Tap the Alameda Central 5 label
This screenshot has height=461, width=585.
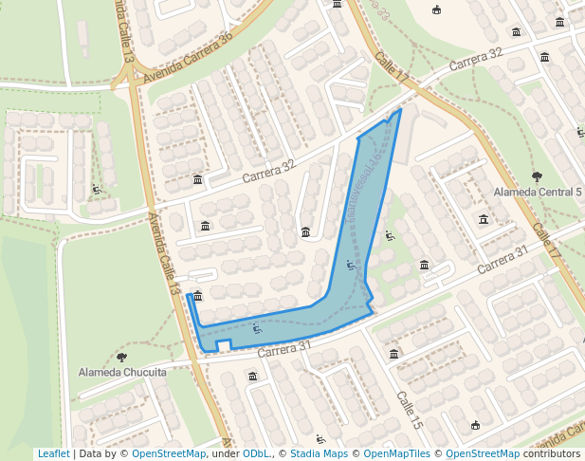coord(538,193)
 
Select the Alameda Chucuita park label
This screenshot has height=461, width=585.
coord(122,372)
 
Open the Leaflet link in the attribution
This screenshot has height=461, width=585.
coord(53,454)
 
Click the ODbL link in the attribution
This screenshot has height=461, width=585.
coord(256,454)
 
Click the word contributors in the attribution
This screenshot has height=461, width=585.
coord(552,454)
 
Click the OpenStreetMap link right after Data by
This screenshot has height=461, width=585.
coord(169,454)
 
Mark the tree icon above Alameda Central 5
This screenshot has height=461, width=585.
coord(537,175)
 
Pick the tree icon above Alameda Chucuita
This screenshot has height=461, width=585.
coord(121,357)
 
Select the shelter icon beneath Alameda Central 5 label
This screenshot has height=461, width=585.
coord(484,220)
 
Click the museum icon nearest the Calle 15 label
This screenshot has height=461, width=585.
coord(393,354)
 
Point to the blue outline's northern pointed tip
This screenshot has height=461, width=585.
coord(401,109)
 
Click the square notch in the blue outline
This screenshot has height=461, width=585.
coord(224,343)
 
